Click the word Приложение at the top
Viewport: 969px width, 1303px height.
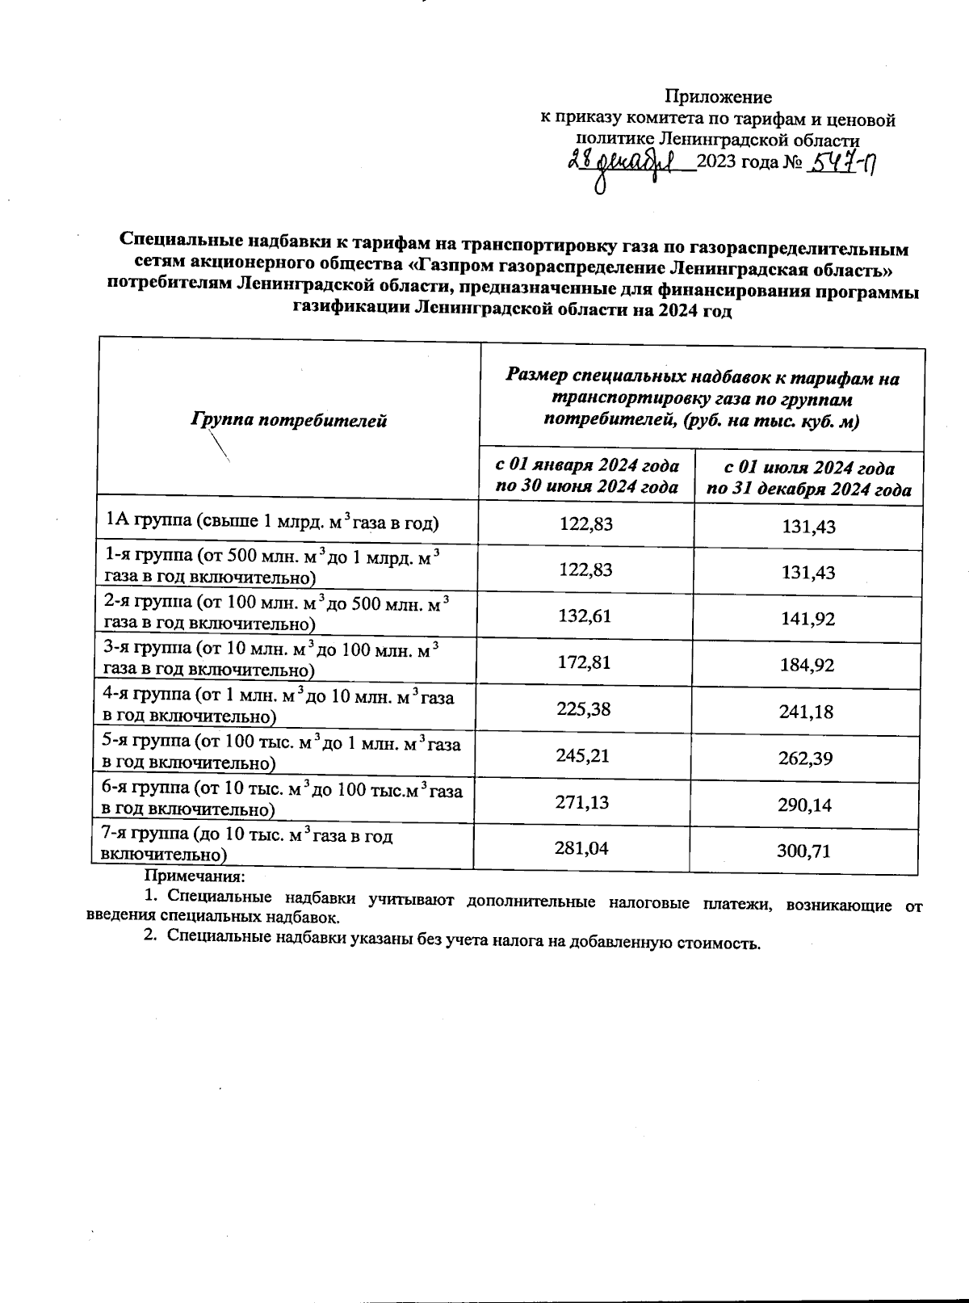pyautogui.click(x=718, y=98)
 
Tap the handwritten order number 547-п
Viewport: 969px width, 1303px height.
pyautogui.click(x=844, y=164)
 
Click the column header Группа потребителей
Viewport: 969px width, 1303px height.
pyautogui.click(x=289, y=420)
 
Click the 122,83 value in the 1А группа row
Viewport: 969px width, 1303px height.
pyautogui.click(x=586, y=524)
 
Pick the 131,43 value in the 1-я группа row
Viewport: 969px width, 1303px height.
pyautogui.click(x=808, y=573)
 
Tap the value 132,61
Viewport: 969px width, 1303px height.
pyautogui.click(x=585, y=616)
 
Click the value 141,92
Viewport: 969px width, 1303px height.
pyautogui.click(x=808, y=620)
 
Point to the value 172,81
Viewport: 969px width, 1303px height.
pyautogui.click(x=584, y=662)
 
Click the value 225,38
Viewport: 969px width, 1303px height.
pyautogui.click(x=584, y=709)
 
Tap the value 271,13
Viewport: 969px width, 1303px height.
pyautogui.click(x=582, y=802)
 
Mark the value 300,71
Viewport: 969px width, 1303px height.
pyautogui.click(x=804, y=851)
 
